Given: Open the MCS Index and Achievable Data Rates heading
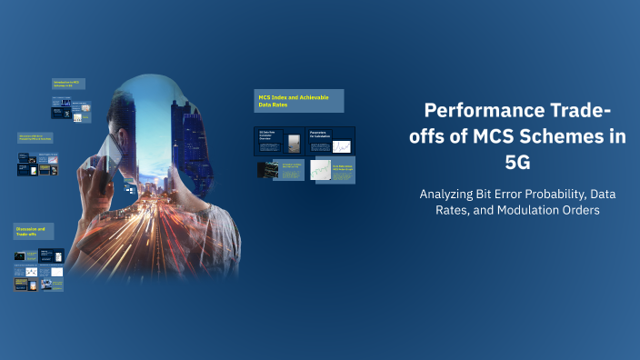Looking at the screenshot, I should click(x=298, y=101).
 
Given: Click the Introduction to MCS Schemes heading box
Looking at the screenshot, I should click(x=70, y=85).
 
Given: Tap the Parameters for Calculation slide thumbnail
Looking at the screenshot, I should click(x=331, y=141).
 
